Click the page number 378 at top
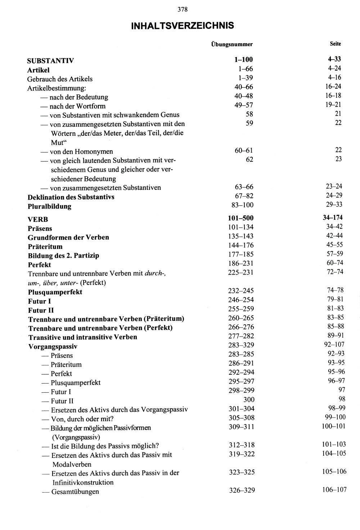183,10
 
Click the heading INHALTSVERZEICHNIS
183,26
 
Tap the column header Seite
335,44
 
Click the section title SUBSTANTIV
50,61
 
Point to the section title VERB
38,219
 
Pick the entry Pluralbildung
49,206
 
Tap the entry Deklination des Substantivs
71,197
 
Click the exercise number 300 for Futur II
249,400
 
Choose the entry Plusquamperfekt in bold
55,292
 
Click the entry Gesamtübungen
75,491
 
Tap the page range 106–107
334,490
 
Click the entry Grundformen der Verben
68,237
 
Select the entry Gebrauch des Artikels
60,79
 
